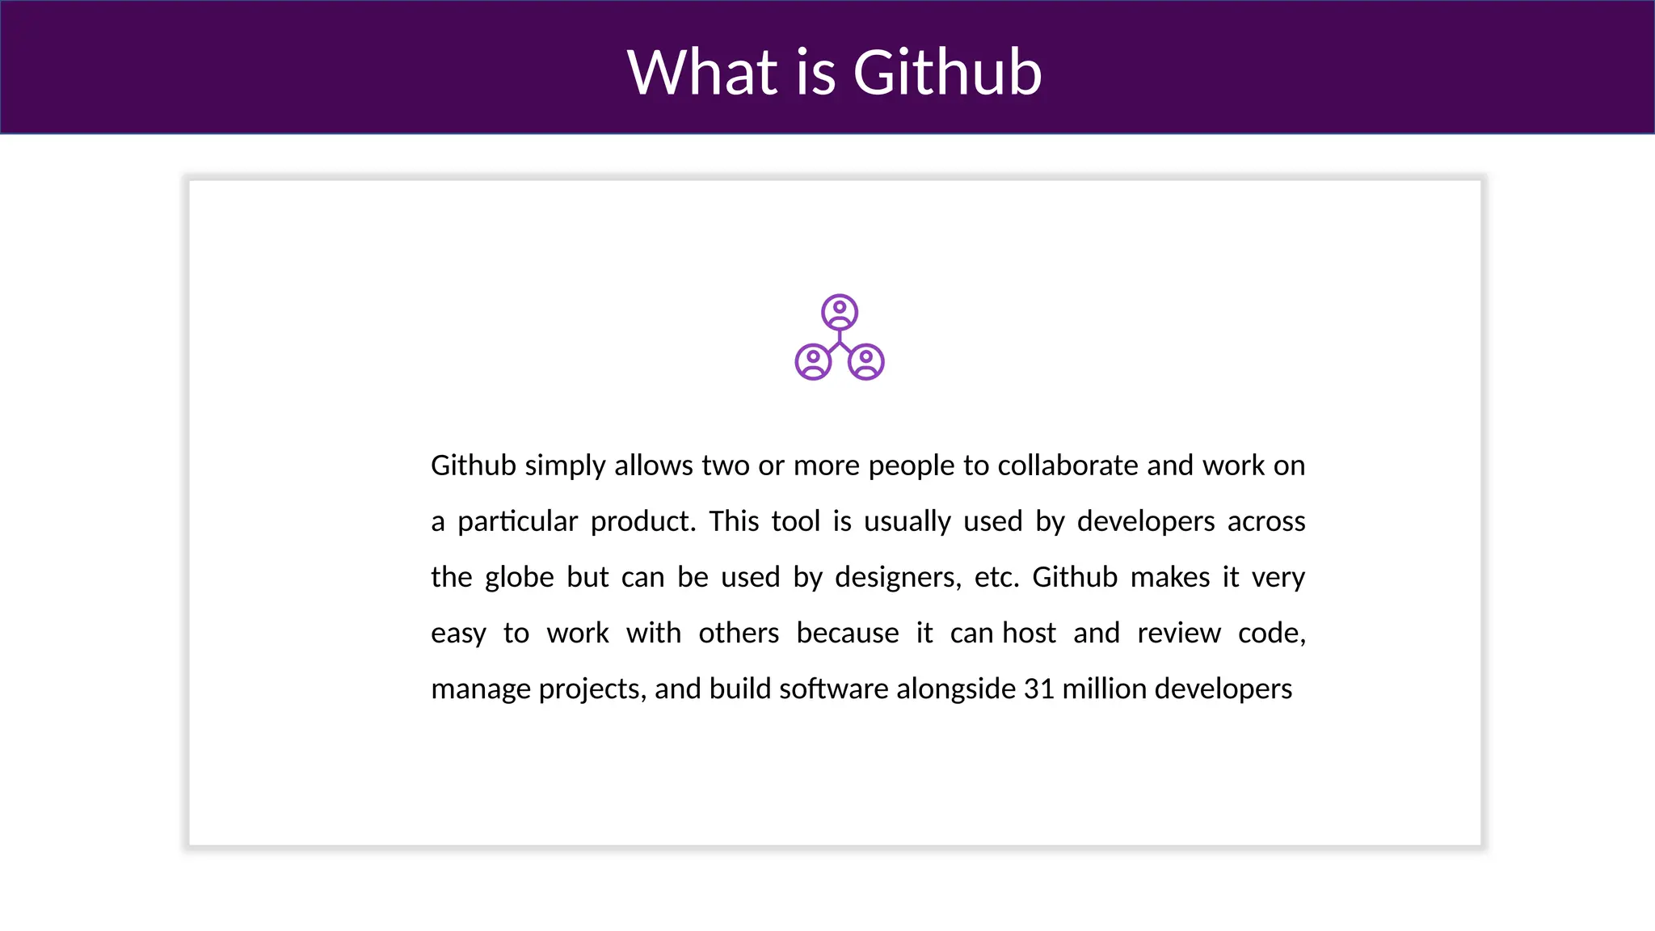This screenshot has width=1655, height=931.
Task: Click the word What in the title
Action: point(702,73)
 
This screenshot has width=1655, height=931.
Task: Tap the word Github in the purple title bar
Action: point(947,73)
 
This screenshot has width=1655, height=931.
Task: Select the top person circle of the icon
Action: point(840,312)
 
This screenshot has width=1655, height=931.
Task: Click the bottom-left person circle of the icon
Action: point(813,362)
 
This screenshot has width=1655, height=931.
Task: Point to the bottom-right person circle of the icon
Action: point(866,362)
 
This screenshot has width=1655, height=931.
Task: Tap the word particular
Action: point(517,522)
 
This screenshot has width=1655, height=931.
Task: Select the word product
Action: point(642,522)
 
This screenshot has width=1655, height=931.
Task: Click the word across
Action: point(1266,522)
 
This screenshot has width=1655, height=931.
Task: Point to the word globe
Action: point(519,578)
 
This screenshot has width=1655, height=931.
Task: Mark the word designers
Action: point(898,578)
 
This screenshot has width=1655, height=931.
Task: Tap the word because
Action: point(847,634)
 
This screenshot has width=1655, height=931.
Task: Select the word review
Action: point(1178,634)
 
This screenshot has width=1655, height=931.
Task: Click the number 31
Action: point(1038,689)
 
